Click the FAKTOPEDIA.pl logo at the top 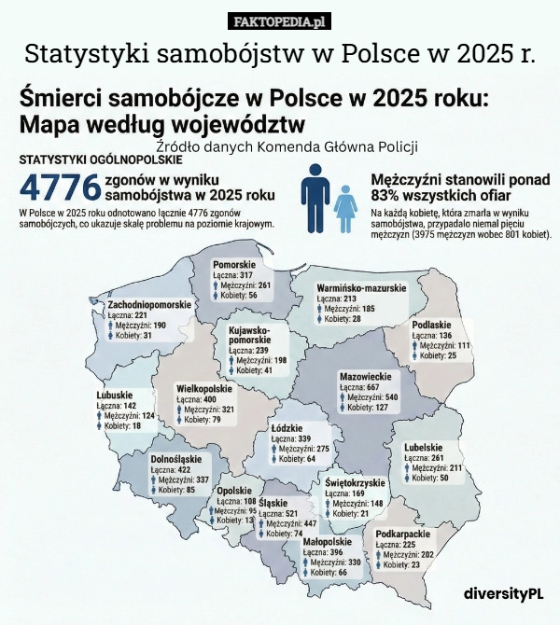coord(279,21)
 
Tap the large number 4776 coord(60,187)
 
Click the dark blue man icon coord(315,201)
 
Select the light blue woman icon coord(346,208)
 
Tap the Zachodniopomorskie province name coord(149,305)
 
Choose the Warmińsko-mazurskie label coord(361,287)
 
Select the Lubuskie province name coord(115,396)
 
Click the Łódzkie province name coord(287,428)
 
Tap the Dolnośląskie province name coord(175,460)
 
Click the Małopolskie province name coord(327,542)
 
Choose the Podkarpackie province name coord(402,534)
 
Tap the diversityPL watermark coord(503,593)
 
